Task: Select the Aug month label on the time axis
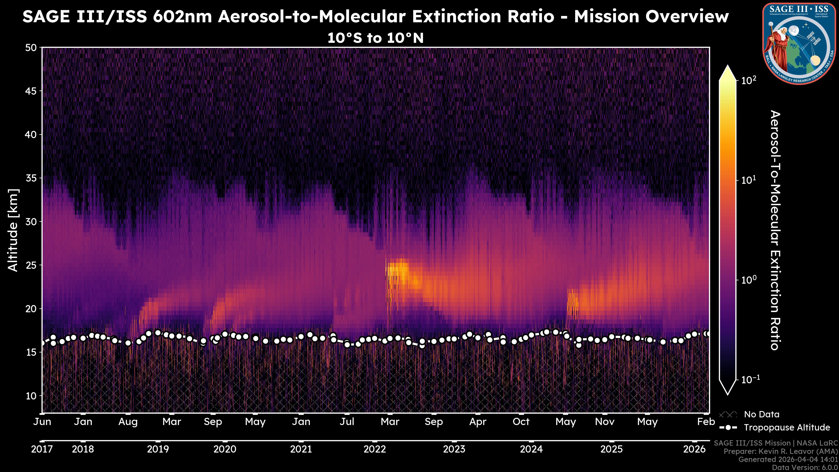coord(128,422)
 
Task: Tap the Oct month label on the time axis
coord(521,422)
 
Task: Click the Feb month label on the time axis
coord(706,422)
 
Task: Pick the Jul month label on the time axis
coord(347,422)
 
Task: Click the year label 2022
coord(374,449)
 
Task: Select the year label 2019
coord(158,449)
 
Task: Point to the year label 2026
coord(694,449)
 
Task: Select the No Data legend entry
coord(761,414)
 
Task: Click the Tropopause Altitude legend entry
coord(787,427)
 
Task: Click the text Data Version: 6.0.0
coord(805,467)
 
